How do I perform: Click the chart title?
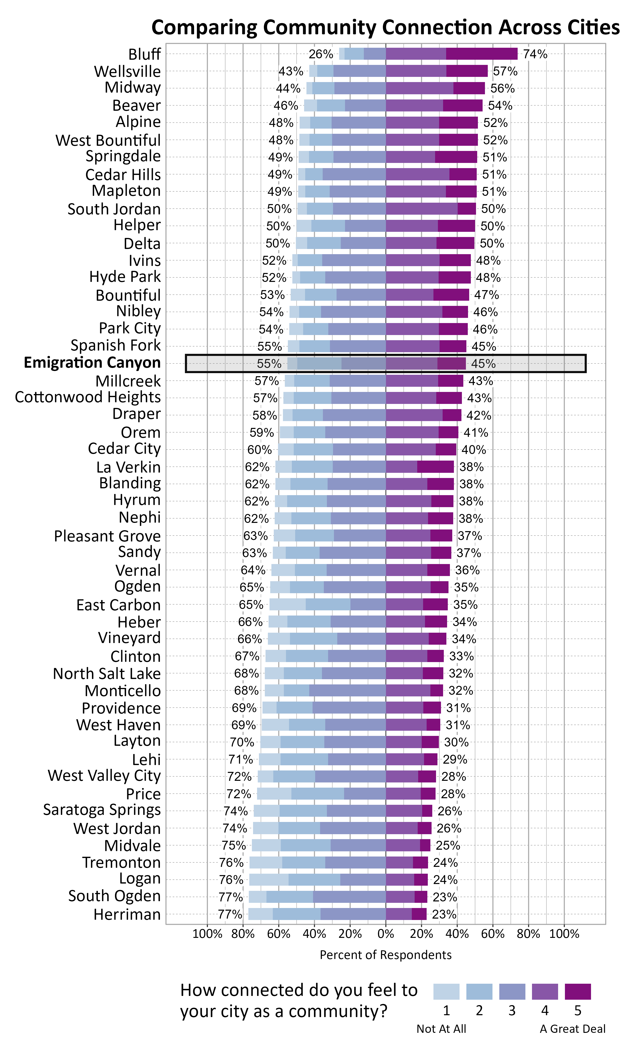(x=385, y=27)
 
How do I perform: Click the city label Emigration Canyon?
(x=92, y=363)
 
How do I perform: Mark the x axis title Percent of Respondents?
(x=385, y=955)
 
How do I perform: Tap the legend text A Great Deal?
(x=572, y=1029)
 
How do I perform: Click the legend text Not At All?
(x=441, y=1029)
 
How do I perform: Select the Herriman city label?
(x=127, y=914)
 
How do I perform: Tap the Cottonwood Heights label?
(x=88, y=397)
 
